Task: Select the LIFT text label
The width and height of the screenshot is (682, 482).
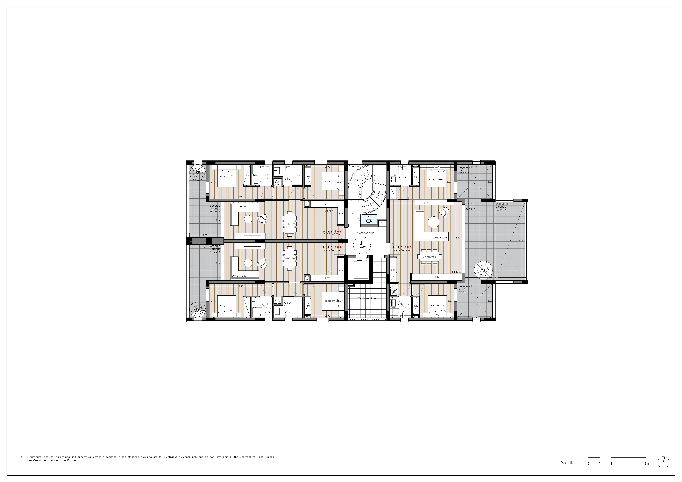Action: (350, 275)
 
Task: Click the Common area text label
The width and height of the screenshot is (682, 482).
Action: (366, 233)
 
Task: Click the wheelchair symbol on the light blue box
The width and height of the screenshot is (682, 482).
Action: (369, 220)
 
